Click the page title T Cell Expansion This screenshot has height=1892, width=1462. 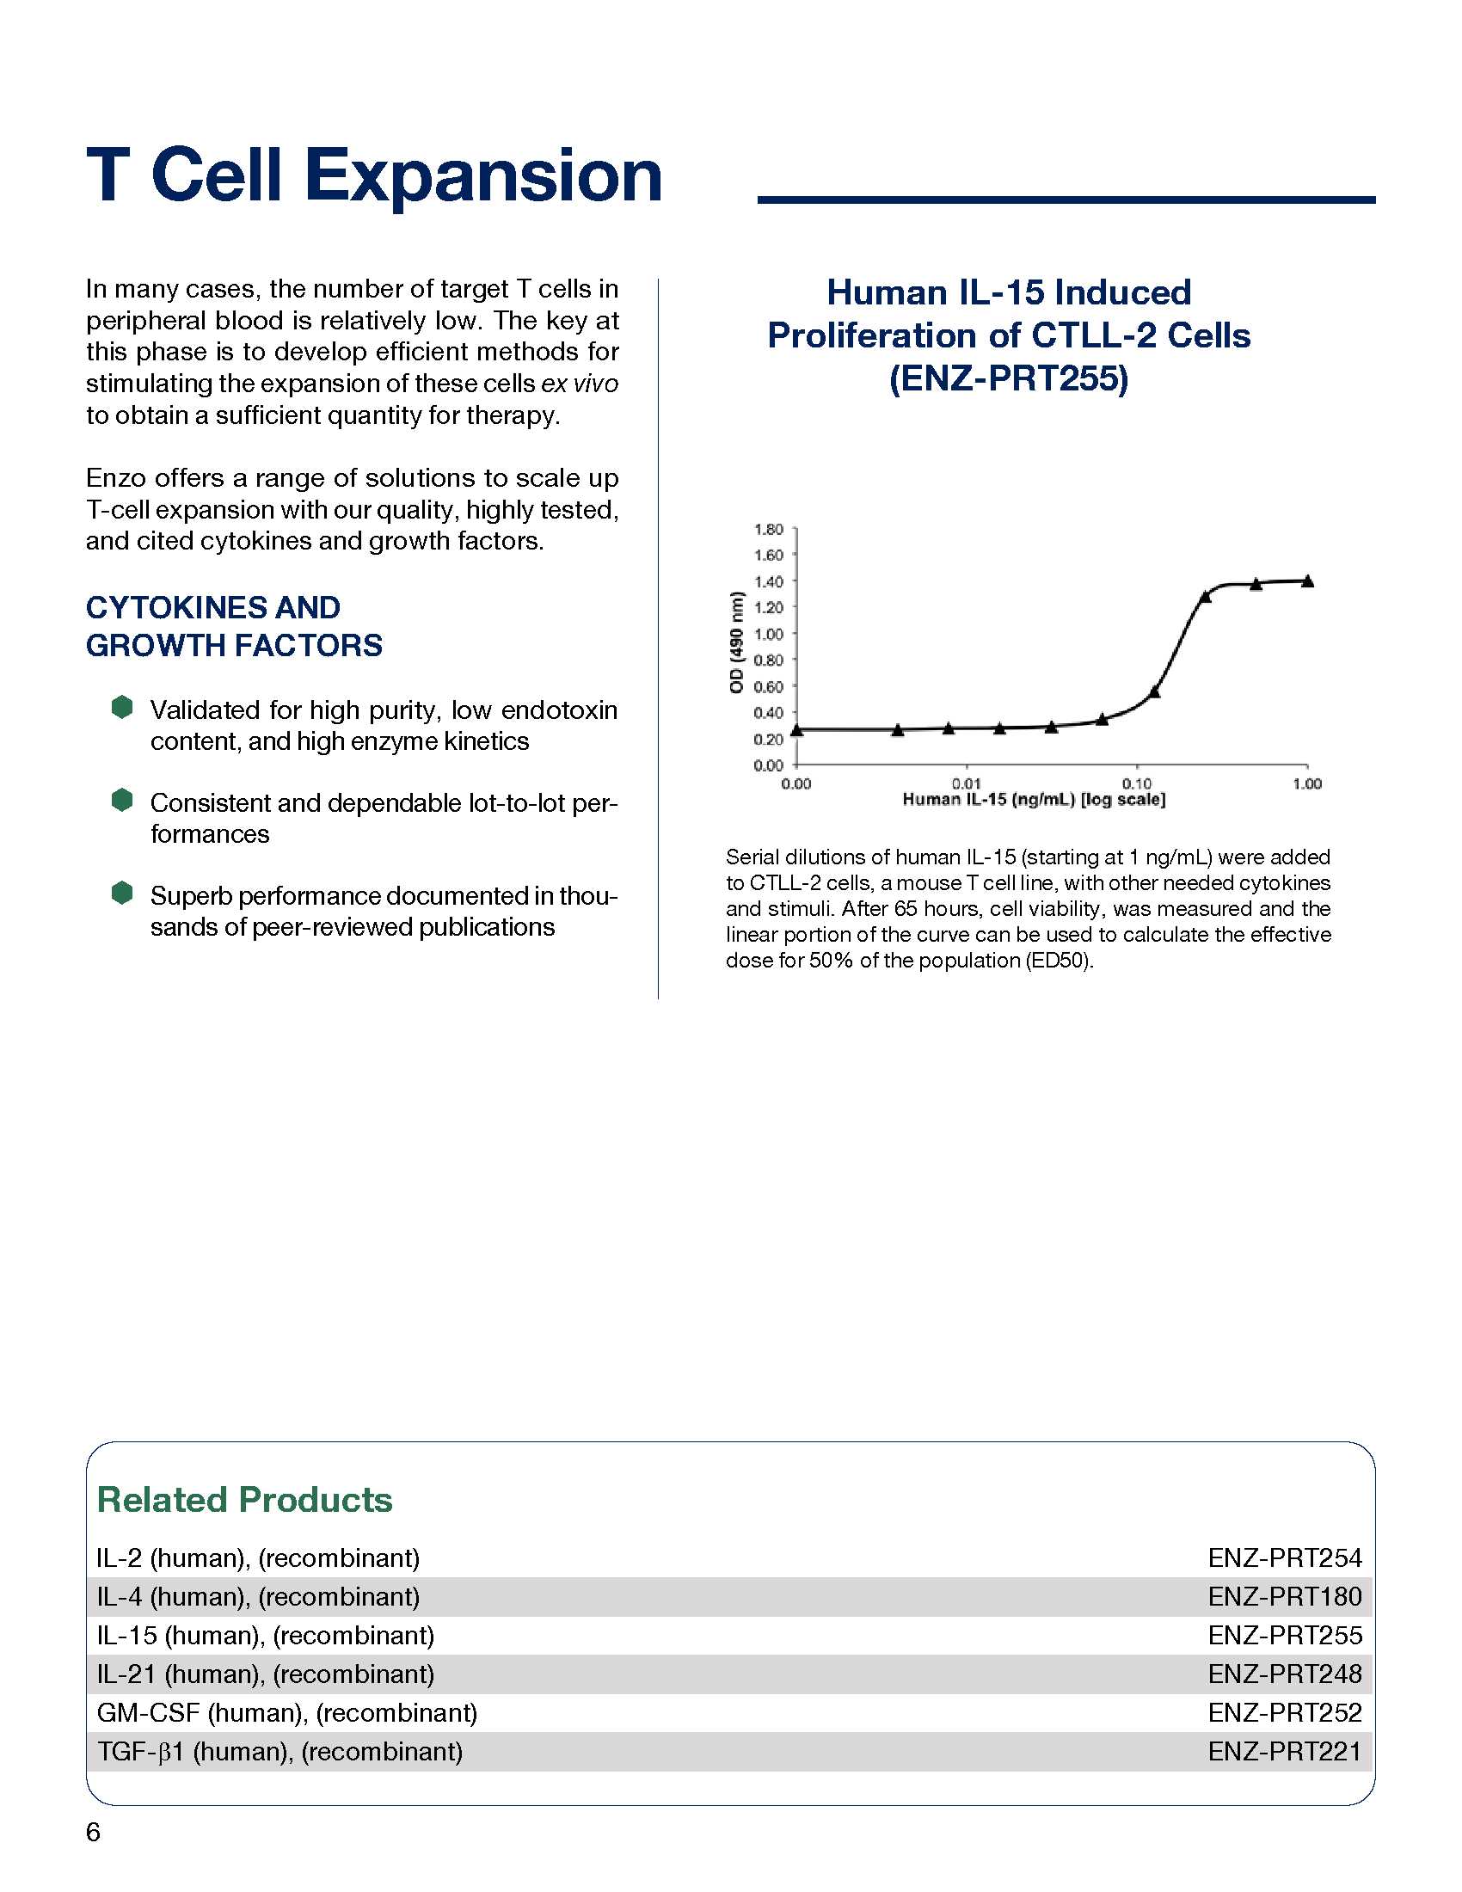pos(374,175)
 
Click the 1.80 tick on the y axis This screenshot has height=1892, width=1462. pos(768,529)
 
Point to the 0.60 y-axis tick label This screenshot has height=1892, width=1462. pos(768,687)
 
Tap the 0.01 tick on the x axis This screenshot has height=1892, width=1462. pos(966,783)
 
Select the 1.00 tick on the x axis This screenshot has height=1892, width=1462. pos(1306,783)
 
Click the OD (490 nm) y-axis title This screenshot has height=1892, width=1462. pos(737,642)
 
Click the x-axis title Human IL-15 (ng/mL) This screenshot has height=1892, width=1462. pos(1033,800)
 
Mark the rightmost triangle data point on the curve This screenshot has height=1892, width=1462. pos(1308,581)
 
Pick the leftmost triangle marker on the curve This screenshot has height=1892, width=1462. pos(797,730)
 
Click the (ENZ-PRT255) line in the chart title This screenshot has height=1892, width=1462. pos(1008,378)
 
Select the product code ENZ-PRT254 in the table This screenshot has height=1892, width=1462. pos(1285,1558)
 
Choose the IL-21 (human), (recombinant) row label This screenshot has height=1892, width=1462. pos(265,1674)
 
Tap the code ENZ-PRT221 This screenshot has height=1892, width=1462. pos(1285,1752)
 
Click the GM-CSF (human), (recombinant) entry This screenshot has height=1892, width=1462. pos(286,1712)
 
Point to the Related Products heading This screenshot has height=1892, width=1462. pos(244,1500)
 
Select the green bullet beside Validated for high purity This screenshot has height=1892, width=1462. pos(122,707)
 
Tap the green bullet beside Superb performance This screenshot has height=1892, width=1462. pos(122,893)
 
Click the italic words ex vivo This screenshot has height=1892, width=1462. pos(580,384)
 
